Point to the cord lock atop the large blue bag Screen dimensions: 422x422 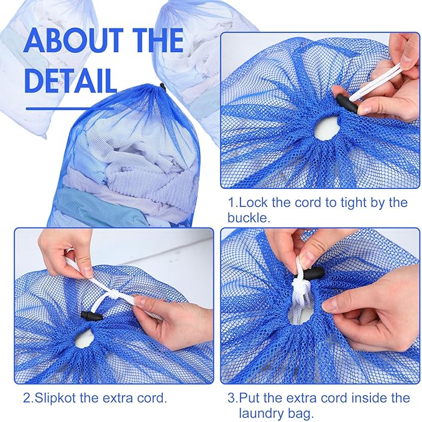(x=162, y=87)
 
